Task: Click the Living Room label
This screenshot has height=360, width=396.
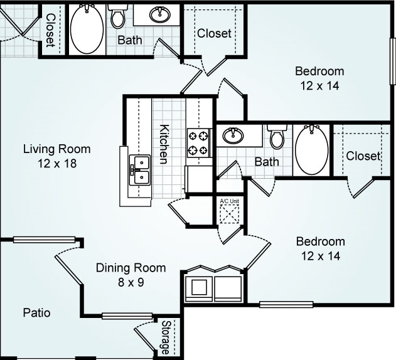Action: tap(57, 149)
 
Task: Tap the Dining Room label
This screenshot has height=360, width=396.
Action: tap(131, 268)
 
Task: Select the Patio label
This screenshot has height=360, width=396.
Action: tap(36, 313)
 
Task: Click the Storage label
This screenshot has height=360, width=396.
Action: tap(166, 337)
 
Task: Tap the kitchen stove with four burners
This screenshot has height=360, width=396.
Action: tap(198, 143)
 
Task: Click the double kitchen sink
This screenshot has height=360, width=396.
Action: tap(140, 170)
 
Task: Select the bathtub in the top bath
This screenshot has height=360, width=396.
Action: tap(87, 29)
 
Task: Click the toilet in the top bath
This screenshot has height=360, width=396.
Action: tap(118, 15)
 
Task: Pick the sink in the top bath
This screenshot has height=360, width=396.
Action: tap(160, 14)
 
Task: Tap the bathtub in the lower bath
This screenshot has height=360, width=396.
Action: tap(312, 150)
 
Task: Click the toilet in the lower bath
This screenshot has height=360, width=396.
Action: tap(277, 136)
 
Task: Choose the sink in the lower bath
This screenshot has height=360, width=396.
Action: tap(233, 135)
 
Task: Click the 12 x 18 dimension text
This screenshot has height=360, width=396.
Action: tap(57, 163)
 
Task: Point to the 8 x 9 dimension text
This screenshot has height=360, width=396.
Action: tap(131, 282)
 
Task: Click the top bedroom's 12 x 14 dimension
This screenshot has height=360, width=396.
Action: tap(319, 85)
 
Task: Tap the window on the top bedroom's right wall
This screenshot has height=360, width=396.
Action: tap(393, 61)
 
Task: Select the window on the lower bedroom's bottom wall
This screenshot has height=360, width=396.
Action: tap(286, 304)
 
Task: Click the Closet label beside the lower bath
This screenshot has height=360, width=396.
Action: tap(363, 156)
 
